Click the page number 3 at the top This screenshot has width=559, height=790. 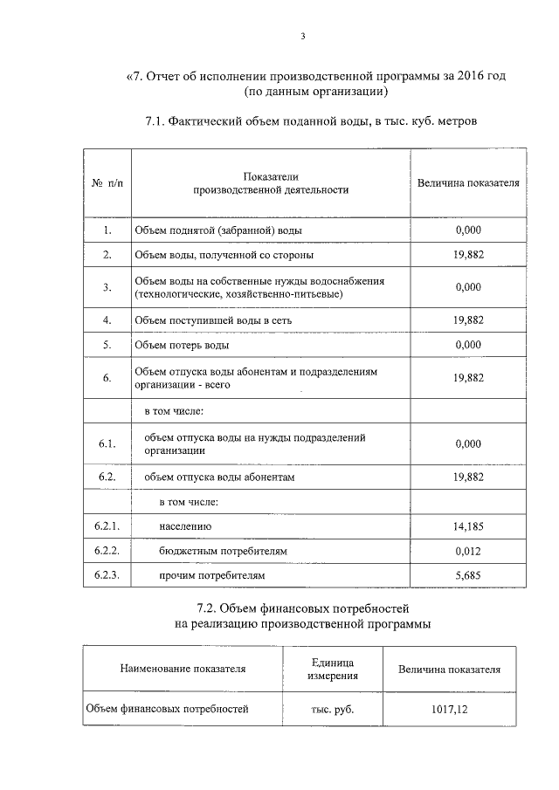(x=302, y=36)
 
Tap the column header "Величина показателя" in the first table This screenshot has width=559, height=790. (x=468, y=183)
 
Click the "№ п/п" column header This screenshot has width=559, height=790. (x=107, y=184)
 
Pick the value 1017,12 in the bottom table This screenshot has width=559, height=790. (x=450, y=710)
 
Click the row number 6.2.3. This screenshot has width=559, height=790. (x=107, y=576)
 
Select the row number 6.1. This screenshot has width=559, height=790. (x=107, y=443)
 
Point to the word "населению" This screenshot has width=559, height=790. (x=185, y=526)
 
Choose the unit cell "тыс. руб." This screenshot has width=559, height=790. (x=332, y=710)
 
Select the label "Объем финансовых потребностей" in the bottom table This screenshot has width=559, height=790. (x=167, y=709)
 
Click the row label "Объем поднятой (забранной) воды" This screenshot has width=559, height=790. (x=210, y=230)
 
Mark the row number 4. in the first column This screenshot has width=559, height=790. (x=107, y=320)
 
